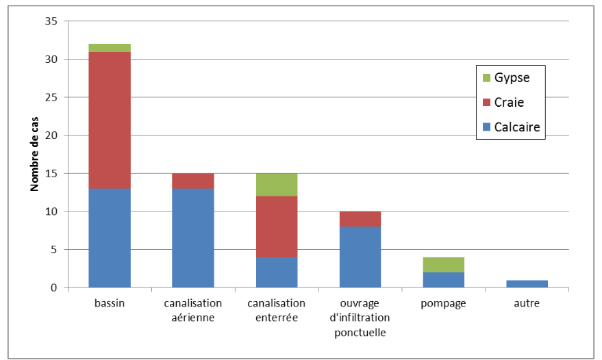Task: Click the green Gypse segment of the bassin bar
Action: tap(110, 48)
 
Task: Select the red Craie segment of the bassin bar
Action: tap(110, 120)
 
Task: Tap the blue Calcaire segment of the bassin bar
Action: tap(110, 238)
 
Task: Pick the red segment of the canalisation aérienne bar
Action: tap(193, 181)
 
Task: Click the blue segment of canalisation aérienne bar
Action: tap(193, 238)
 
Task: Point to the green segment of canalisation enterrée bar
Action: tap(277, 185)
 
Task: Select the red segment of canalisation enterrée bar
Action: tap(277, 227)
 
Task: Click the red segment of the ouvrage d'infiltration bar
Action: tap(360, 219)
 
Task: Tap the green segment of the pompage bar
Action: tap(444, 265)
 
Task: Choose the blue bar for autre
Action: tap(527, 284)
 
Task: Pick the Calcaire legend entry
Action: tap(510, 127)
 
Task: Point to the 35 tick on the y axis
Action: tap(51, 21)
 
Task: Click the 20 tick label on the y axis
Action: tap(51, 136)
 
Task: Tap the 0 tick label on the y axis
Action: tap(53, 288)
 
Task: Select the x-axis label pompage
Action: tap(444, 303)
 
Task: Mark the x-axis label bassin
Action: tap(110, 303)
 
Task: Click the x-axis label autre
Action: tap(527, 303)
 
